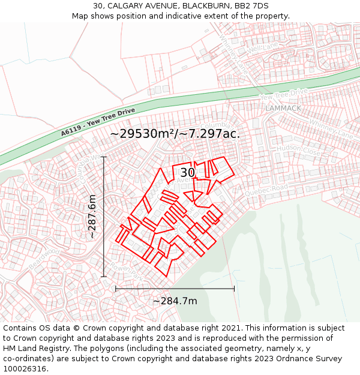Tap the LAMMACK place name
283,108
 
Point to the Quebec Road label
266,191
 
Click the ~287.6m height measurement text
92,217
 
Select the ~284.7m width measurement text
175,301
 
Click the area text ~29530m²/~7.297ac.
175,133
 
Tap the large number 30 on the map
188,173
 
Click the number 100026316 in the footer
26,368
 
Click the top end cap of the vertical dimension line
104,157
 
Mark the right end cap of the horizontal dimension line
234,289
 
